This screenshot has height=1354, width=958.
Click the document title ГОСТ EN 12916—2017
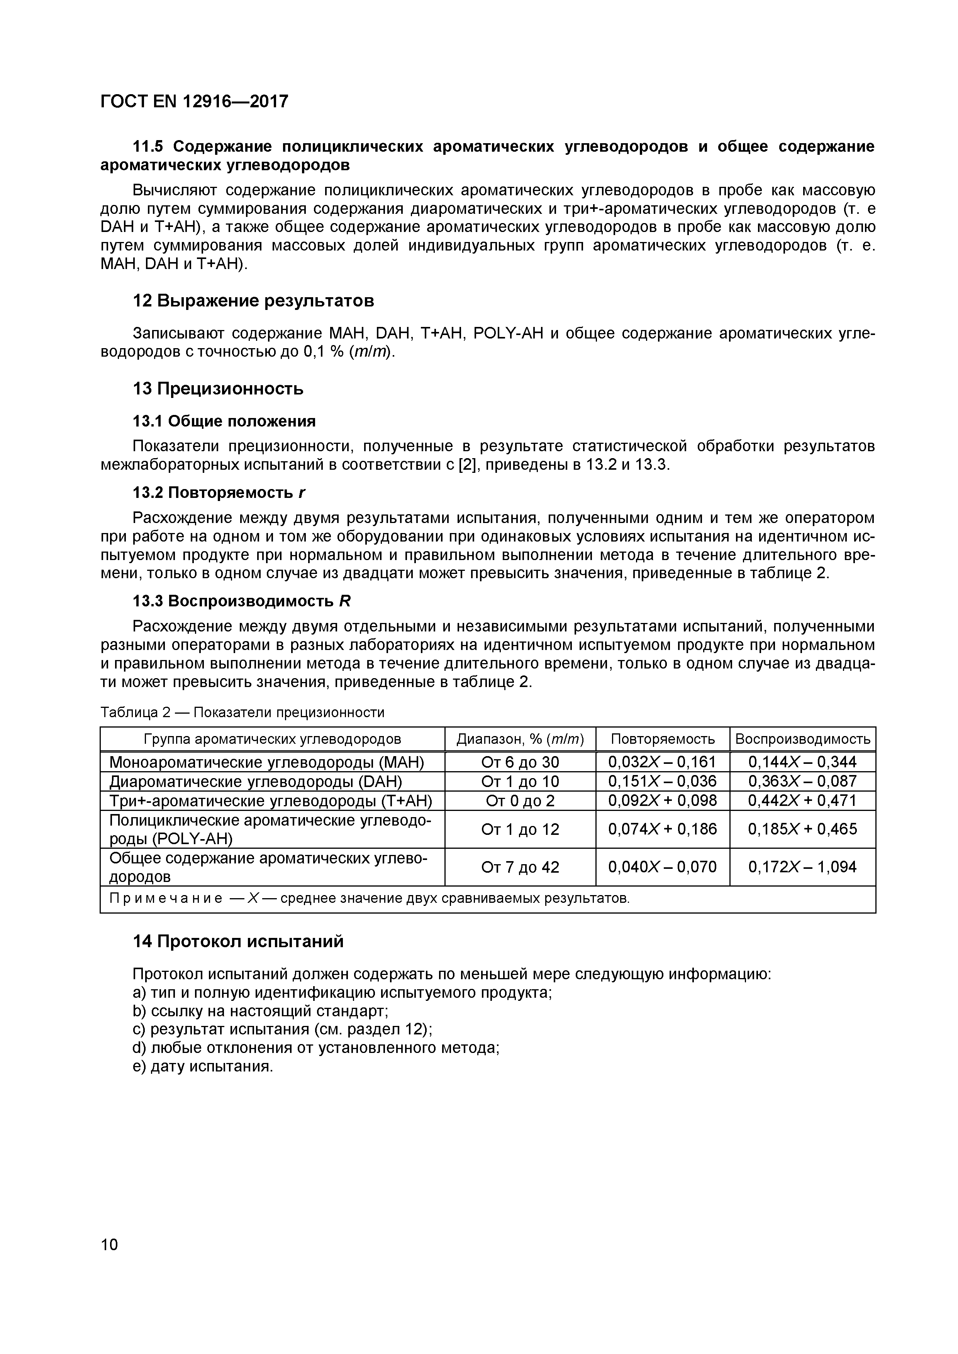point(195,102)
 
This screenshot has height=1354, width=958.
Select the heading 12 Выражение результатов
point(254,301)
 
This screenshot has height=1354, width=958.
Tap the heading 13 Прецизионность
point(218,389)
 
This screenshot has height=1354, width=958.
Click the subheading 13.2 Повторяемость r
point(219,492)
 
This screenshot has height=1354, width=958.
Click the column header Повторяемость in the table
point(663,739)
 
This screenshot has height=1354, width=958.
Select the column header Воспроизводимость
point(802,739)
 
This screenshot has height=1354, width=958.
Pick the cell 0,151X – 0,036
point(663,781)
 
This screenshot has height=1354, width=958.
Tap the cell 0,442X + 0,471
point(802,800)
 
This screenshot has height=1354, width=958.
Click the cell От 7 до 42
point(520,867)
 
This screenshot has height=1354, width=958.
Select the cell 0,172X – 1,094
point(802,867)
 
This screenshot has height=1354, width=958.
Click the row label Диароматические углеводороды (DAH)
point(255,781)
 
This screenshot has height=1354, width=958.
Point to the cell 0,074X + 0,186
point(663,829)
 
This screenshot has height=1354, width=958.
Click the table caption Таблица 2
point(136,713)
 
